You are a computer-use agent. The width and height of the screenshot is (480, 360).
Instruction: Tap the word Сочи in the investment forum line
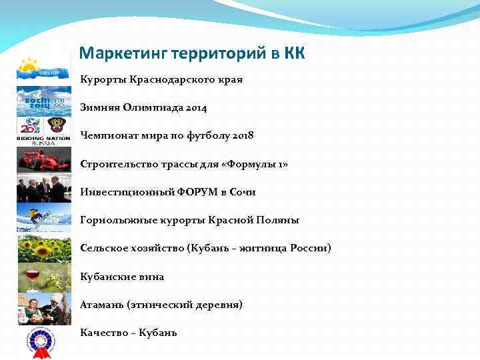pos(243,191)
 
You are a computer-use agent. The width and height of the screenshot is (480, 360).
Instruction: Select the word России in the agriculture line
pos(309,248)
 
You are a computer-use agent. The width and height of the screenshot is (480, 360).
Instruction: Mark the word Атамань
pos(101,305)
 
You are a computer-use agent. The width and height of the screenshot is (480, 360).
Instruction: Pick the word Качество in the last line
pos(103,333)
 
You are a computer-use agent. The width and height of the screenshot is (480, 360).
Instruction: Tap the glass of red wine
pos(31,275)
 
